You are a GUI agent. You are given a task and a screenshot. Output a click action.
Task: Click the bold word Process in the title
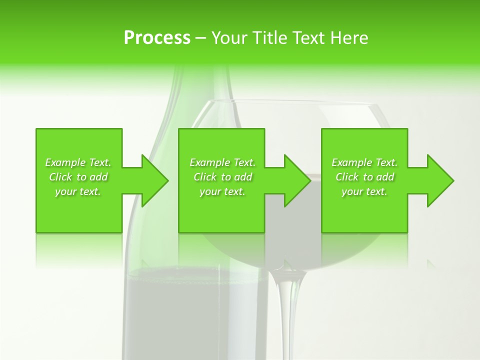157,38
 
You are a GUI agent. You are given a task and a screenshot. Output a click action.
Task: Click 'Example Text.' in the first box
78,162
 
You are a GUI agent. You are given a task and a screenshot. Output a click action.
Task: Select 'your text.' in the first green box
78,191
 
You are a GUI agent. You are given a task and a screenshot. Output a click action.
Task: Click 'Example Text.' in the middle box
222,162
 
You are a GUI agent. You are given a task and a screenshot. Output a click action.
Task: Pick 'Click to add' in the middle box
222,177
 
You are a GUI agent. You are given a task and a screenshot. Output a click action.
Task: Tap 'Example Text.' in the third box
364,162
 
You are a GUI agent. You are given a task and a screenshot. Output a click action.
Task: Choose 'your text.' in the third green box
364,191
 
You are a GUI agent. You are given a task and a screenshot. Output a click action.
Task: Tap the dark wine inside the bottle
195,310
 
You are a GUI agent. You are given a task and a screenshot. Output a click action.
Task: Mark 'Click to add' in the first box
78,177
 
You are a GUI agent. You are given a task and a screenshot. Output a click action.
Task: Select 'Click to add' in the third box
364,177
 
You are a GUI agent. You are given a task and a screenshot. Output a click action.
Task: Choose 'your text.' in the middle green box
222,191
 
